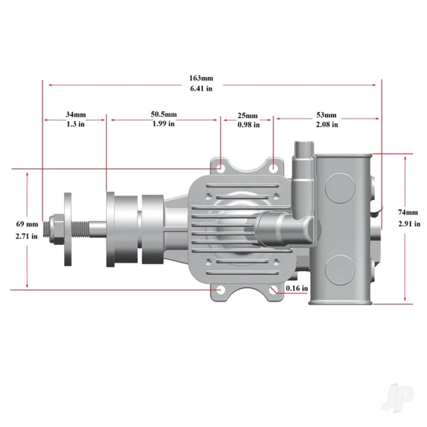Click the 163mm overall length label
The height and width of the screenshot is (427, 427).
(x=201, y=78)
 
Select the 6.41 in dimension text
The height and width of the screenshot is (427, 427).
(x=201, y=88)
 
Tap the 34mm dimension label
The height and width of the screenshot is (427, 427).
(x=76, y=114)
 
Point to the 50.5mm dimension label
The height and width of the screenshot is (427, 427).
(x=164, y=114)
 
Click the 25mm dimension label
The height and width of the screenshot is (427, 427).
(x=248, y=116)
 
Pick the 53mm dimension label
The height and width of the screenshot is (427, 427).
(x=327, y=115)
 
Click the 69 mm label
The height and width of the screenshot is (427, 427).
(x=27, y=224)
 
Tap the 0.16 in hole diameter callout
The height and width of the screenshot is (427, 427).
(x=297, y=288)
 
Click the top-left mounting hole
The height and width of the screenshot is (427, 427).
(x=220, y=169)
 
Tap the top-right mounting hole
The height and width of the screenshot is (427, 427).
(x=273, y=169)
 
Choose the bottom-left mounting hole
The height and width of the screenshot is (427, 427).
(x=220, y=290)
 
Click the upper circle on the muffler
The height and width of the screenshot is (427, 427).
(x=340, y=187)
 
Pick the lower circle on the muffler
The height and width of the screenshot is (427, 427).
(x=340, y=270)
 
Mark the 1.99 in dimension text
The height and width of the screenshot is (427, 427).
(x=164, y=124)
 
